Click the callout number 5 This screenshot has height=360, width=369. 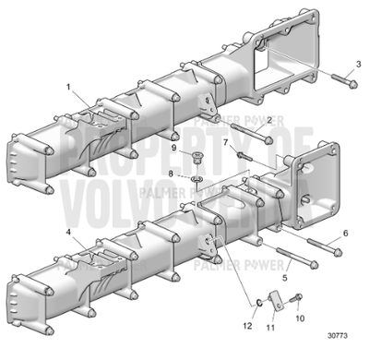[x=286, y=277]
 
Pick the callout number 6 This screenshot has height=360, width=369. [x=346, y=234]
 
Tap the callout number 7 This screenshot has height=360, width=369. [x=224, y=142]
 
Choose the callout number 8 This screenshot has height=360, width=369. [x=171, y=173]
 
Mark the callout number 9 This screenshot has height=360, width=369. [x=172, y=148]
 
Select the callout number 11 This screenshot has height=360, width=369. [x=271, y=327]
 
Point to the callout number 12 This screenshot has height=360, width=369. [x=245, y=326]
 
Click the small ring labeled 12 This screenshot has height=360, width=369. [x=261, y=301]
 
